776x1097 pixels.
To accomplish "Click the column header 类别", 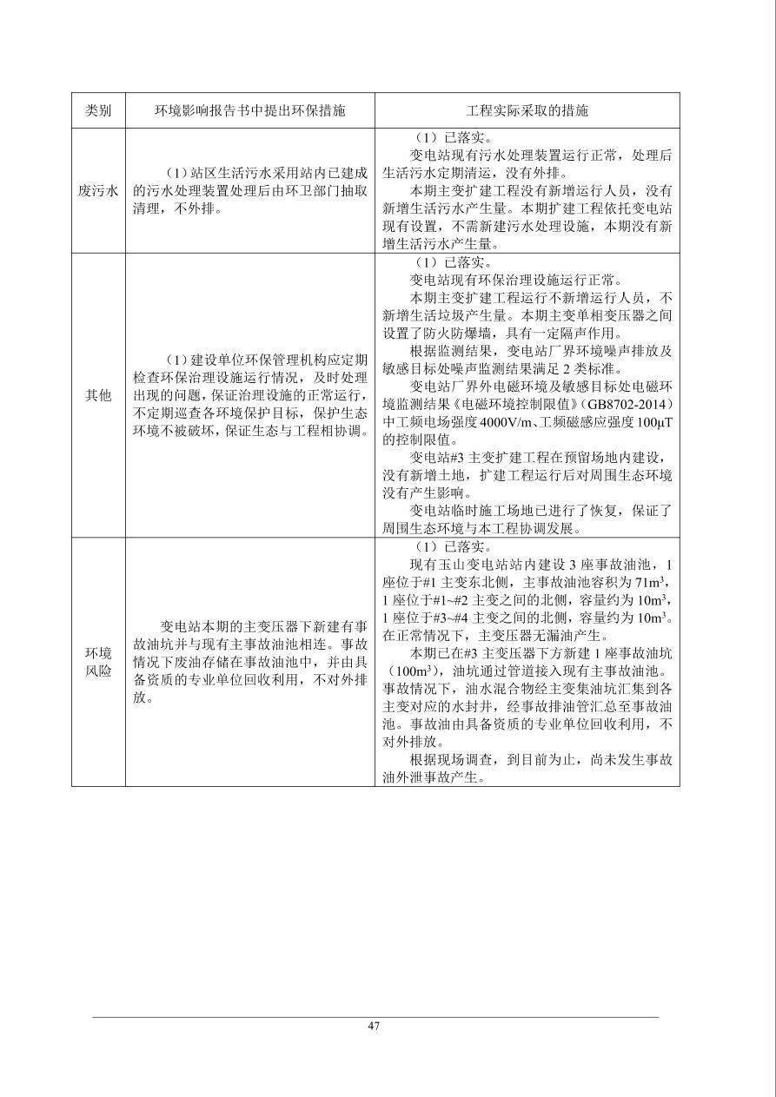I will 98,111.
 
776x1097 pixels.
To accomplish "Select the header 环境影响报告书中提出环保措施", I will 249,111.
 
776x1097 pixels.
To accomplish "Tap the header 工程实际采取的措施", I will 527,111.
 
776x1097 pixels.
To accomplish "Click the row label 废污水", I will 98,191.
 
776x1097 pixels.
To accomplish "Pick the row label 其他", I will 98,395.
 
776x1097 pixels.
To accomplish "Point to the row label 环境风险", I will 98,662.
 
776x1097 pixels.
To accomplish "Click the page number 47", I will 374,1026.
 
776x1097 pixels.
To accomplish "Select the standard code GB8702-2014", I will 631,405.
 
